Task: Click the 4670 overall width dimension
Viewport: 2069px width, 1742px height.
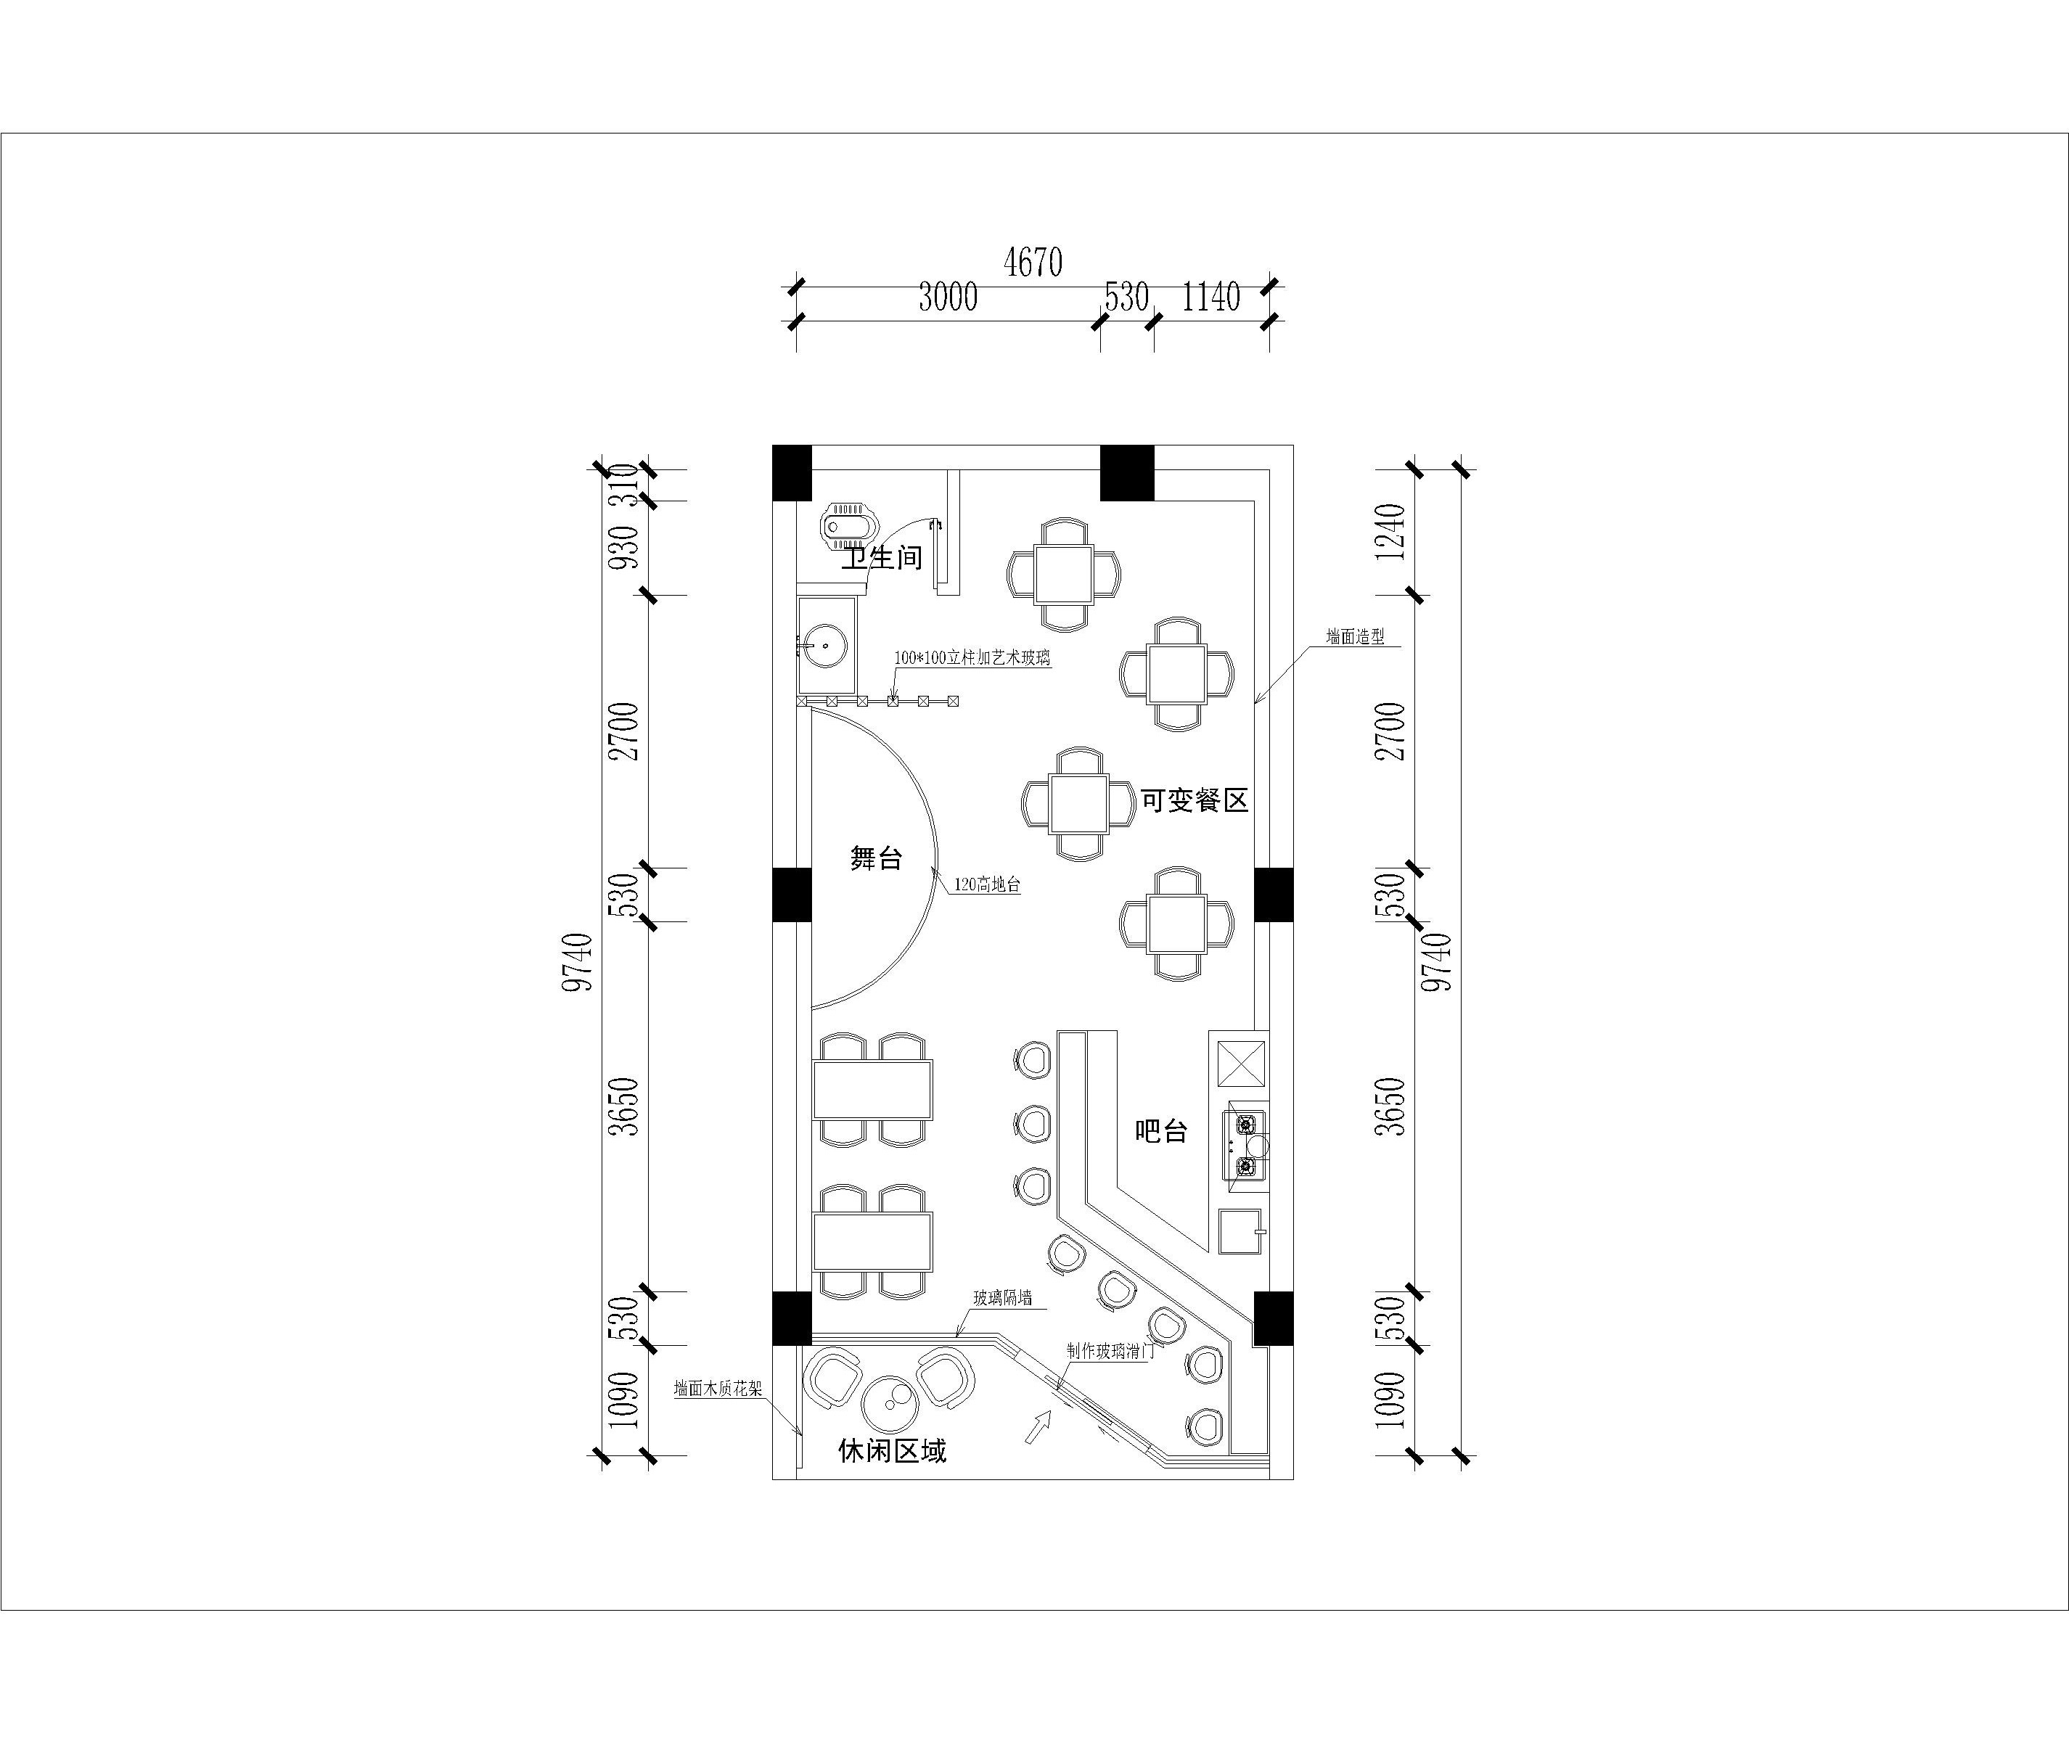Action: (x=1032, y=263)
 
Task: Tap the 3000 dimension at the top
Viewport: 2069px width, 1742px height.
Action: (x=947, y=297)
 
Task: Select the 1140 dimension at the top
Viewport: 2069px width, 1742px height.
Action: (x=1210, y=297)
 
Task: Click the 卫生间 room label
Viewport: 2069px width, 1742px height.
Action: (x=882, y=558)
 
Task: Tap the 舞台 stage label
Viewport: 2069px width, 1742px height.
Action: (x=876, y=858)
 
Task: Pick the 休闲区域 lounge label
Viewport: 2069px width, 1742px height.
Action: (x=892, y=1450)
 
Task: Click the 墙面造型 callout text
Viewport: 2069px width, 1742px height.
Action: (x=1355, y=638)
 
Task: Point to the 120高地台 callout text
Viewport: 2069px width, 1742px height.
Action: (x=986, y=886)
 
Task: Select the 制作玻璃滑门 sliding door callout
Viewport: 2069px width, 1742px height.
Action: (x=1111, y=1351)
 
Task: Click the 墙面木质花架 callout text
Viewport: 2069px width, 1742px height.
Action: (x=718, y=1389)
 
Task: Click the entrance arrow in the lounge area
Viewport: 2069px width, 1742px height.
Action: (x=1036, y=1427)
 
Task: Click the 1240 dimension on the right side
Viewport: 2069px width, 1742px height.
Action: (x=1390, y=531)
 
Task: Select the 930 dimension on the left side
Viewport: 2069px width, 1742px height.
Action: (x=625, y=547)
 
